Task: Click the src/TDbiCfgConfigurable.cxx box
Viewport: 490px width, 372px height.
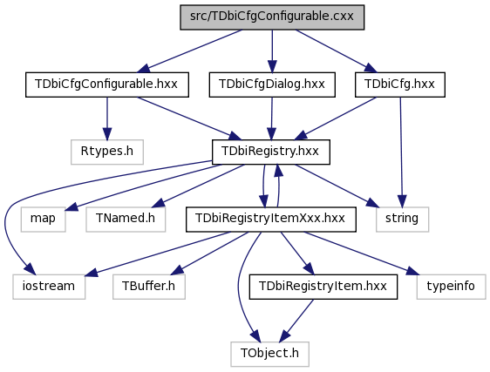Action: [x=272, y=17]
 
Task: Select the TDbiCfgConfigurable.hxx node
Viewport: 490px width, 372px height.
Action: [x=107, y=85]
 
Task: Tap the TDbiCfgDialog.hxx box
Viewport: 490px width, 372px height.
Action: [x=272, y=85]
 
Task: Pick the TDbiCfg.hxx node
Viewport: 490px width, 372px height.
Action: [x=399, y=85]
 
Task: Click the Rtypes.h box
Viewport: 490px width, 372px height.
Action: [x=107, y=152]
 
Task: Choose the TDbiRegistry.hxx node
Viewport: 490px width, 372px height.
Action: [x=270, y=152]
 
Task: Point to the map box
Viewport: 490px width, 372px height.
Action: [x=43, y=220]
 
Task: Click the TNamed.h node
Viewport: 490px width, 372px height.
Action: [x=126, y=220]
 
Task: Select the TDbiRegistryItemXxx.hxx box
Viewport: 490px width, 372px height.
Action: [x=270, y=220]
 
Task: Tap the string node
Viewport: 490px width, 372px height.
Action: [x=402, y=220]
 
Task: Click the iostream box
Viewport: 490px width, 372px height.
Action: [x=49, y=287]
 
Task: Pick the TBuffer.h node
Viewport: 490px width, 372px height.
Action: [x=149, y=287]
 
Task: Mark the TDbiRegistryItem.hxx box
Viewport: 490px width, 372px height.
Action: [x=323, y=287]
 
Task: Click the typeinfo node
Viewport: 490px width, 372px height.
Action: [x=451, y=287]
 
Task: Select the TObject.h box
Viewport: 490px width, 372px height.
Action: [x=269, y=354]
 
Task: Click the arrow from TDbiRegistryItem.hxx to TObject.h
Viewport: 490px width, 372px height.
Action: [x=296, y=321]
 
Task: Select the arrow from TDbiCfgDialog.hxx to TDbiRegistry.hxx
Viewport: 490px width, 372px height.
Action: [x=271, y=118]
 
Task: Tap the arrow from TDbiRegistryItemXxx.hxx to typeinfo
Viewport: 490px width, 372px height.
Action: [x=361, y=254]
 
